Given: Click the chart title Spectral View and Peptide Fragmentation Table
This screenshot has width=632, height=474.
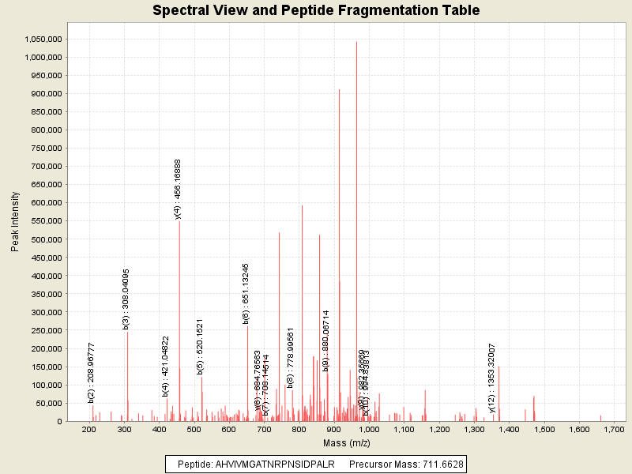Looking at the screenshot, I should tap(316, 10).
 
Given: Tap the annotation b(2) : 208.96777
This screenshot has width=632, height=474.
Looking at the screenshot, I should tap(92, 372).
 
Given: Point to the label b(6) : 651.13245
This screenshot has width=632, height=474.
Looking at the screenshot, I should tap(246, 293).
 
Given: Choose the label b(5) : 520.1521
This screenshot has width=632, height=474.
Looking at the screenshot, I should tap(201, 346).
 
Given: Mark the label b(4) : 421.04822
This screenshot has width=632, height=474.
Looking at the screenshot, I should tap(166, 366).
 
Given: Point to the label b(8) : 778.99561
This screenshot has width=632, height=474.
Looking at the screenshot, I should tap(291, 356).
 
